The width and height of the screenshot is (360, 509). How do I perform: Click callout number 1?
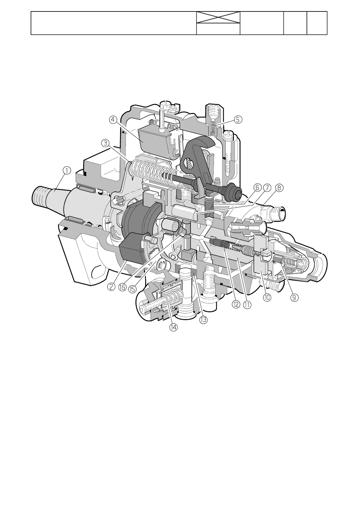(x=67, y=171)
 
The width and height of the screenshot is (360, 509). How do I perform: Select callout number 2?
(x=111, y=287)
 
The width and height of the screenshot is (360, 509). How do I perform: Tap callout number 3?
(x=105, y=143)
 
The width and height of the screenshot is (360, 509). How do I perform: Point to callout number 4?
(x=113, y=120)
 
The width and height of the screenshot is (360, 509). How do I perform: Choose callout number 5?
(x=238, y=119)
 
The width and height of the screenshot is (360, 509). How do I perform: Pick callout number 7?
(x=267, y=188)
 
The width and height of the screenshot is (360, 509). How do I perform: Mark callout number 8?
(x=279, y=188)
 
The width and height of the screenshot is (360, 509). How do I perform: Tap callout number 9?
(x=294, y=297)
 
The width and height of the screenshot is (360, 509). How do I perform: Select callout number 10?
(x=267, y=297)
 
